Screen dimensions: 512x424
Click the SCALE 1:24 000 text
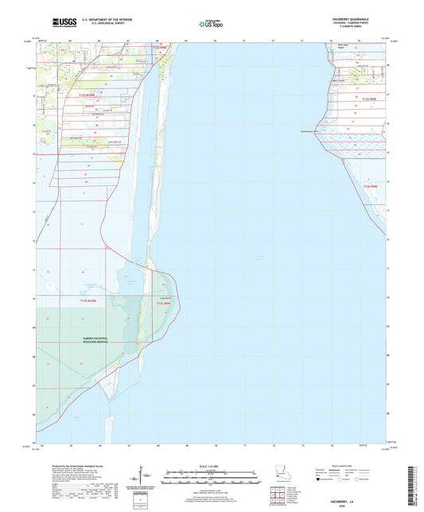[211, 466]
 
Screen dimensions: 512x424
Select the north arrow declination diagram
[146, 475]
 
